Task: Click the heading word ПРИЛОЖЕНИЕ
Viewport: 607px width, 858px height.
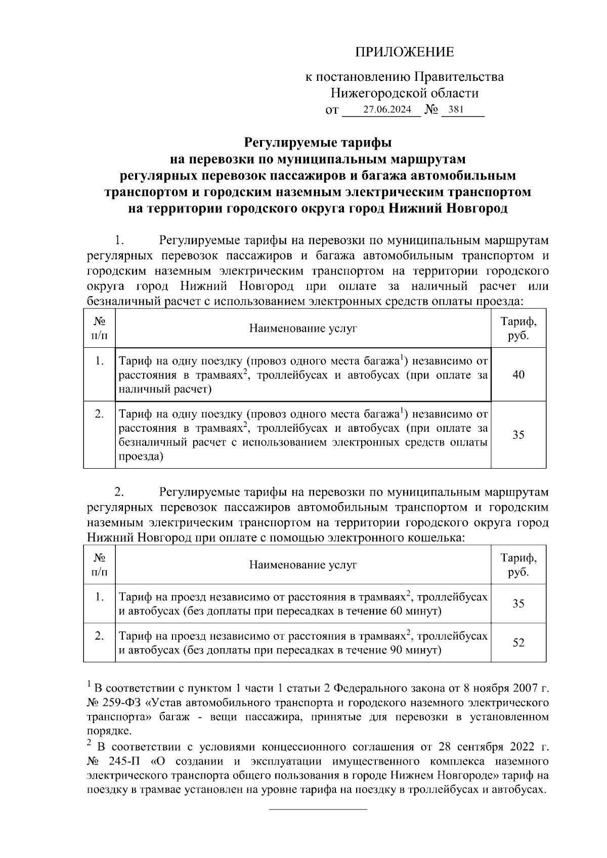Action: [404, 52]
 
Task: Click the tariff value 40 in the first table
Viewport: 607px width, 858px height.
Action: [518, 375]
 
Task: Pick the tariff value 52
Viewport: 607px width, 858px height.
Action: [518, 643]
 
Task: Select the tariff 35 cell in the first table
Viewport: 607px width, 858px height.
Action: [518, 435]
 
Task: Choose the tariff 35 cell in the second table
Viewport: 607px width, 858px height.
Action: [518, 604]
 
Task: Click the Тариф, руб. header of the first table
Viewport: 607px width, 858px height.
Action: [518, 329]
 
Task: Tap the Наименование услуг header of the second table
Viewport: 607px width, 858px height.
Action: [303, 565]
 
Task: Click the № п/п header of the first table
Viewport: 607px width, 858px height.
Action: [99, 329]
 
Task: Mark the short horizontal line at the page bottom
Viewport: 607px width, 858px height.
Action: [317, 809]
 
